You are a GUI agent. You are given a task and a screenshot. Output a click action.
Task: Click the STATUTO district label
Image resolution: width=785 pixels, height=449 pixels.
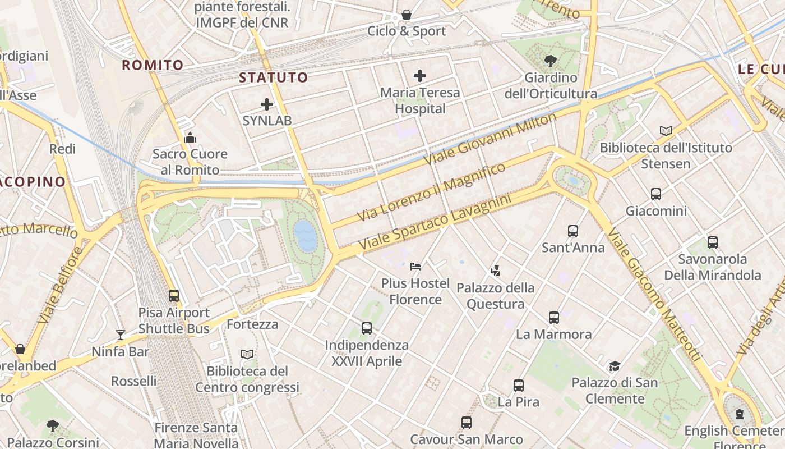pos(274,77)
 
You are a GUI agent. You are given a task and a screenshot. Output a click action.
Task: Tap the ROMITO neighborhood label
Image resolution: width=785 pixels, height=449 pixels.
pos(153,65)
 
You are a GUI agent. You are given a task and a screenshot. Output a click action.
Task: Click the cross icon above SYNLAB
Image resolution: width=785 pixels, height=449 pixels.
pos(267,104)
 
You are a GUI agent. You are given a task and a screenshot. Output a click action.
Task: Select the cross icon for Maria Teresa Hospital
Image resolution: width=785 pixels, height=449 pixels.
pos(419,76)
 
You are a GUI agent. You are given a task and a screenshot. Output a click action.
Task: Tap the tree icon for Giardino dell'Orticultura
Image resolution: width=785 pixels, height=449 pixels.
pos(550,61)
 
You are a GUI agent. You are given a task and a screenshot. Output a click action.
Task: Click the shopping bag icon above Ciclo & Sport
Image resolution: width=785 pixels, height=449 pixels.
pos(406,15)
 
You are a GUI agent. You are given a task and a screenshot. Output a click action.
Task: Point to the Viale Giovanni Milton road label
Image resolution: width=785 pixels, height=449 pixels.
pos(490,138)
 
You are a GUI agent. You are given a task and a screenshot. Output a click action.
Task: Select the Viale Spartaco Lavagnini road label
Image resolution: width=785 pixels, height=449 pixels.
pos(435,223)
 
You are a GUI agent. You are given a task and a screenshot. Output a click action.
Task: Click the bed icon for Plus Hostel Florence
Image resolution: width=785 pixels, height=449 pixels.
pos(415,266)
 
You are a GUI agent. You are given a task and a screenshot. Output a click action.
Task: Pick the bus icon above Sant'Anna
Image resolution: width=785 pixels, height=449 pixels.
pos(572,231)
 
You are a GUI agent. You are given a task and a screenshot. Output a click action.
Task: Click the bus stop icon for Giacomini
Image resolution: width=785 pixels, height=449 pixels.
pos(656,194)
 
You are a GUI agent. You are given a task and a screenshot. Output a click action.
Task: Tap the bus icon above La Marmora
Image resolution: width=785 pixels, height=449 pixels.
pos(554,317)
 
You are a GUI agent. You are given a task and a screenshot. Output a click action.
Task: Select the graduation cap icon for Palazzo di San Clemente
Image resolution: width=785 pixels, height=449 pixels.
pos(615,366)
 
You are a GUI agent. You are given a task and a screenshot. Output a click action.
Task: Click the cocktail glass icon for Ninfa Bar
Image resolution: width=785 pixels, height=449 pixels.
pos(121,335)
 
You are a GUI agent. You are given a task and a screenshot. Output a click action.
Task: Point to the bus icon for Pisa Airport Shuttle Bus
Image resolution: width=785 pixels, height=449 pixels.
pos(174,295)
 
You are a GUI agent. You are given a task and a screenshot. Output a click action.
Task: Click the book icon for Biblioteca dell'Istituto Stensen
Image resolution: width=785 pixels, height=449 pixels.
pos(666,131)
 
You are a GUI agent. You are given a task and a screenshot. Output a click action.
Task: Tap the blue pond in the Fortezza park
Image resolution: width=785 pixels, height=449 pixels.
pos(305,235)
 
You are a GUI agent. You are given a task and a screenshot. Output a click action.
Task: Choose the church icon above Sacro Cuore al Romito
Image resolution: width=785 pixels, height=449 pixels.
pos(190,137)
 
